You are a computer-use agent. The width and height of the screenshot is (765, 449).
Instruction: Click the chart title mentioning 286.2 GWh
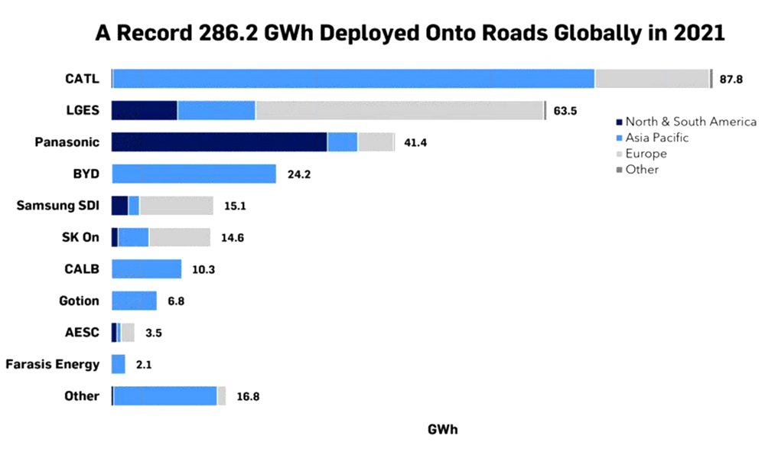pyautogui.click(x=409, y=34)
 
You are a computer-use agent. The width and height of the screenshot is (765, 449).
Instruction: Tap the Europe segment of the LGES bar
pyautogui.click(x=399, y=110)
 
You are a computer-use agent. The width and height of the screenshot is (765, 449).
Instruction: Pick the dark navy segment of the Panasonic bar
pyautogui.click(x=219, y=142)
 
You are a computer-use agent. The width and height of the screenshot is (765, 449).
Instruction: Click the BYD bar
pyautogui.click(x=194, y=174)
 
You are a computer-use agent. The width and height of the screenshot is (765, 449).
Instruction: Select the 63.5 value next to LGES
pyautogui.click(x=565, y=111)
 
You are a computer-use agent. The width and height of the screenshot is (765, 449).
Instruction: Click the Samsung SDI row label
pyautogui.click(x=57, y=205)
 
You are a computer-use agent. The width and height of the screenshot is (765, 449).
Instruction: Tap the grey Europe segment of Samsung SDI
pyautogui.click(x=176, y=205)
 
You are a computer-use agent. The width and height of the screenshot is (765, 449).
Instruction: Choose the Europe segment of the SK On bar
pyautogui.click(x=179, y=237)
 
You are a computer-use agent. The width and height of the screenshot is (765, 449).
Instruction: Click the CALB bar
pyautogui.click(x=146, y=269)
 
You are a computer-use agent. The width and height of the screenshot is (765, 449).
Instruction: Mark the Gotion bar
pyautogui.click(x=134, y=301)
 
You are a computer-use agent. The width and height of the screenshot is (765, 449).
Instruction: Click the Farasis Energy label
pyautogui.click(x=52, y=364)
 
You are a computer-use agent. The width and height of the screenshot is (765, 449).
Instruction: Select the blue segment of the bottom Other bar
pyautogui.click(x=165, y=395)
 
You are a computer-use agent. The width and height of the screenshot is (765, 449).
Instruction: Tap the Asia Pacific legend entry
pyautogui.click(x=656, y=138)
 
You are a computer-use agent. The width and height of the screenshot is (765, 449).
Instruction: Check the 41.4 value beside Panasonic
pyautogui.click(x=414, y=142)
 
